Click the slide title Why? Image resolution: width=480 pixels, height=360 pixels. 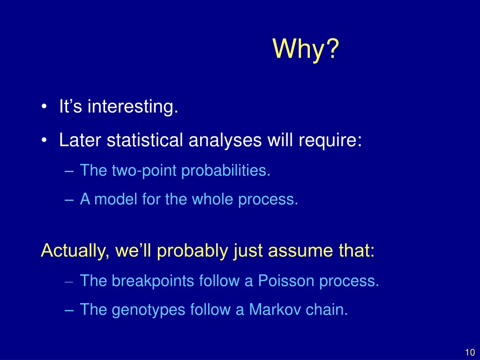click(x=306, y=49)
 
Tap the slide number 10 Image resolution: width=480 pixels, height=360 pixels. click(x=470, y=352)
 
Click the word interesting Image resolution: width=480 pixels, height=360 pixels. click(x=133, y=106)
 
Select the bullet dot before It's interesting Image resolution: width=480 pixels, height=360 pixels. click(x=44, y=107)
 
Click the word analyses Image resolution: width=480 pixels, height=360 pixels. click(x=225, y=141)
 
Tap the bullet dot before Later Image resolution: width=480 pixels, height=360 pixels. click(x=44, y=140)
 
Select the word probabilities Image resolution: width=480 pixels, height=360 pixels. click(x=225, y=171)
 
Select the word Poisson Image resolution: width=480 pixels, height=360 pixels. click(x=286, y=281)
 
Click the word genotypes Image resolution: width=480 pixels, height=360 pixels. click(x=149, y=310)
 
